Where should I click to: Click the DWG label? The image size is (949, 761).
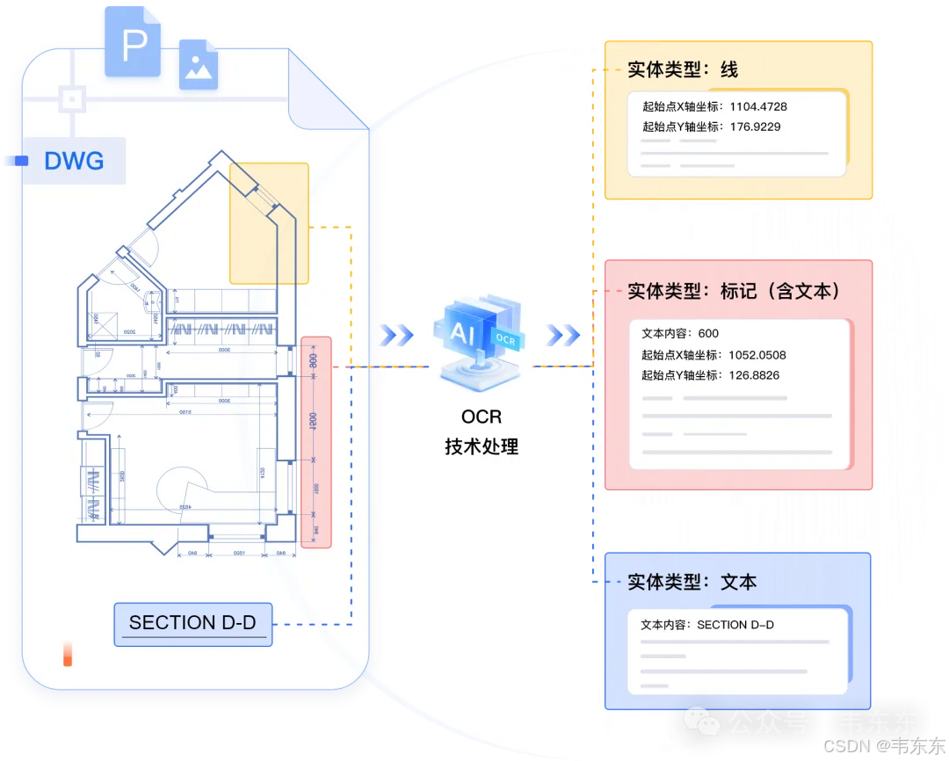point(74,161)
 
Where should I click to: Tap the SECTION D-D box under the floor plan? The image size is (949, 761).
point(192,623)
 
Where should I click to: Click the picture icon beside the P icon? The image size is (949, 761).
point(198,64)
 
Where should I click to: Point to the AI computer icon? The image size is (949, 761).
point(479,338)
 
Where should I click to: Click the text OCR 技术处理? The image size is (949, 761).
point(482,431)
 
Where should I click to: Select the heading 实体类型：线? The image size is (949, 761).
point(683,70)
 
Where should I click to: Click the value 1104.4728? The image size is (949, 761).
point(758,107)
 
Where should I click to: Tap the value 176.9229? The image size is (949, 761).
point(755,127)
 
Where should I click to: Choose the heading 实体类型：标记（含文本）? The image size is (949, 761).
point(734,291)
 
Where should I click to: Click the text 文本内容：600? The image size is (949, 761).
point(680,334)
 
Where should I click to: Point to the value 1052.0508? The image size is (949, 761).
point(757,355)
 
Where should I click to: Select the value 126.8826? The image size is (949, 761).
point(755,375)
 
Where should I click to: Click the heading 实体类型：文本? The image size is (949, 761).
point(692,582)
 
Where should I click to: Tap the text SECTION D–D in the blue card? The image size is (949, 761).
point(735,626)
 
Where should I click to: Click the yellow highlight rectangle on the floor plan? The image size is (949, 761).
point(269,223)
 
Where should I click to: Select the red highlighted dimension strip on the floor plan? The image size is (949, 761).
point(315,442)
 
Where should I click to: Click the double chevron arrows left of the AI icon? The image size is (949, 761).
point(396,335)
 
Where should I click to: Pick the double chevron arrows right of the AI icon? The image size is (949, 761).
point(562,335)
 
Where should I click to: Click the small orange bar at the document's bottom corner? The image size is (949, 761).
point(68,655)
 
